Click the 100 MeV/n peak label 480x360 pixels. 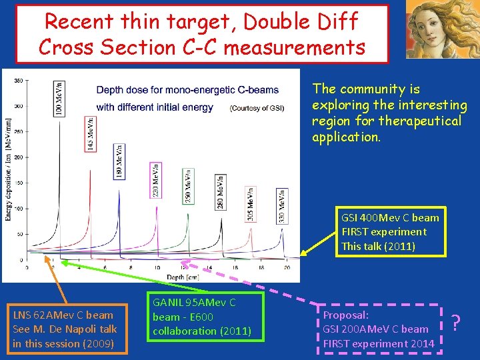click(x=59, y=99)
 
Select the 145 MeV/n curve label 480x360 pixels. click(x=90, y=133)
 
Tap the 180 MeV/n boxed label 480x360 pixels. click(x=119, y=160)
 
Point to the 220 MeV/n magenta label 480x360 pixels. click(x=155, y=179)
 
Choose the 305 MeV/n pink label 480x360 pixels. click(x=249, y=203)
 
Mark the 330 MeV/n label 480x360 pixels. click(x=283, y=205)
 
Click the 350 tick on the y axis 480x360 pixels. click(x=19, y=81)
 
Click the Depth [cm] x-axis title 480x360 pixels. click(x=157, y=277)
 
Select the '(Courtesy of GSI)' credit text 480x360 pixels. click(x=257, y=108)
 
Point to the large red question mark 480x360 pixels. click(x=457, y=323)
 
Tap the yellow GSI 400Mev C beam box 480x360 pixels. click(x=390, y=231)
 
